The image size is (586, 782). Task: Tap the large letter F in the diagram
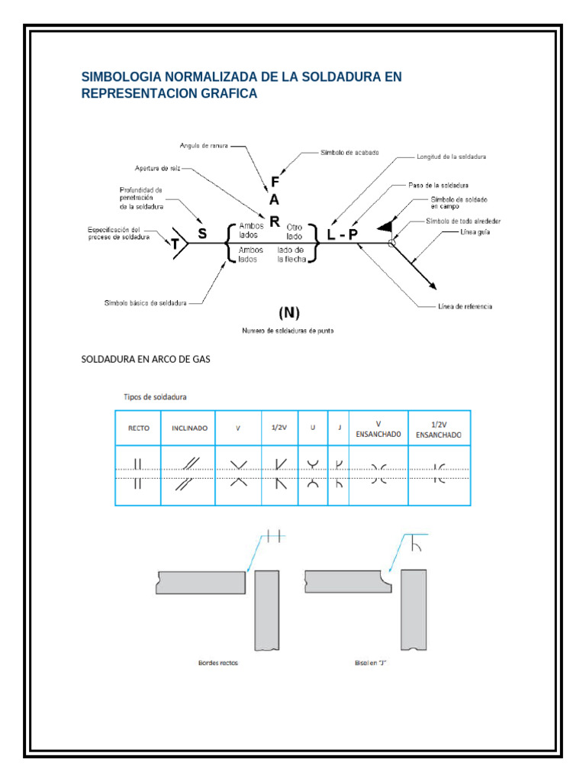275,183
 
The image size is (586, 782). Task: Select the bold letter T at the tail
175,244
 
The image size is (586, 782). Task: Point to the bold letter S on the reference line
202,235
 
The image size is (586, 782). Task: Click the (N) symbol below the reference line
288,312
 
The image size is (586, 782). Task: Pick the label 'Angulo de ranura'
204,144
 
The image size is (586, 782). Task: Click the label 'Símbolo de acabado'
349,153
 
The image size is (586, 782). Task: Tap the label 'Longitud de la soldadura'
451,156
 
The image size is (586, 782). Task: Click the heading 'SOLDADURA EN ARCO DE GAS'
145,360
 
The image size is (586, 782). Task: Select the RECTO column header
138,428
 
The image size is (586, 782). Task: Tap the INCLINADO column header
188,428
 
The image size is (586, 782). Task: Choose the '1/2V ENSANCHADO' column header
438,428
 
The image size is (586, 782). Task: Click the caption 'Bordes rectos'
217,663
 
